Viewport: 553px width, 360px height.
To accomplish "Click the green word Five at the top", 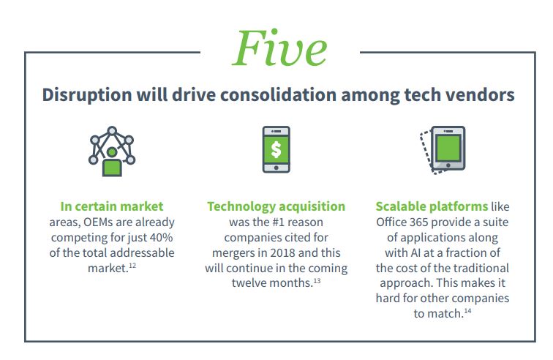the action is pyautogui.click(x=279, y=48).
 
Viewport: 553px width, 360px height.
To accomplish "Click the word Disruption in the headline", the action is pyautogui.click(x=87, y=95).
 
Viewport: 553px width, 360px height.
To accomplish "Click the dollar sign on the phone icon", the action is pyautogui.click(x=276, y=149).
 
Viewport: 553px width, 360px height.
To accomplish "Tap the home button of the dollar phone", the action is pyautogui.click(x=276, y=168).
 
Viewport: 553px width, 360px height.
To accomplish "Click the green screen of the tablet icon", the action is pyautogui.click(x=448, y=148).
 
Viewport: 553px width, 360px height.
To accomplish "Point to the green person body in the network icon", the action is pyautogui.click(x=112, y=168).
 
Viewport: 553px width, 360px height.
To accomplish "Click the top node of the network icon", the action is pyautogui.click(x=112, y=131).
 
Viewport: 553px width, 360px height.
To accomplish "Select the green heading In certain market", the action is pyautogui.click(x=112, y=206).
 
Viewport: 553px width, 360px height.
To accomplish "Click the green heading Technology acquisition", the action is pyautogui.click(x=276, y=206).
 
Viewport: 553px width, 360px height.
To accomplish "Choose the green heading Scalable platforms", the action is pyautogui.click(x=432, y=206).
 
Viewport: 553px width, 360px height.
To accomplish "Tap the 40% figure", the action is pyautogui.click(x=161, y=237).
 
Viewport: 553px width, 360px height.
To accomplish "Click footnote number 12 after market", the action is pyautogui.click(x=132, y=265).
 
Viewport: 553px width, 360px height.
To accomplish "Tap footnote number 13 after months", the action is pyautogui.click(x=317, y=280).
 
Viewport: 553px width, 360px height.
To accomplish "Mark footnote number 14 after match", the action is pyautogui.click(x=467, y=311).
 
